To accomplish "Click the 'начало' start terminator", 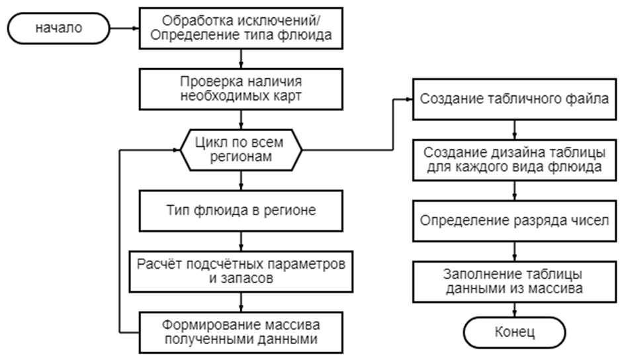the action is (59, 28).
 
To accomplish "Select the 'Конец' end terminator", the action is (515, 333).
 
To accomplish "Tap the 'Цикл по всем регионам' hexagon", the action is (241, 150).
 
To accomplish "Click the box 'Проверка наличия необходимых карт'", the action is (241, 89).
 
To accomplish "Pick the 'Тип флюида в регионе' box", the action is (241, 210).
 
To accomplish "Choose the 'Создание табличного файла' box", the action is (515, 99).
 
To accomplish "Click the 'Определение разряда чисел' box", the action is (515, 221).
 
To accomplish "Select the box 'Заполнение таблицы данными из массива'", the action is (515, 282).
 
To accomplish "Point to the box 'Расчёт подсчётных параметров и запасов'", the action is (241, 271).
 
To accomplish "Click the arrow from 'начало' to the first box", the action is (124, 28).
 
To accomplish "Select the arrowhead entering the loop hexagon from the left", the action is (177, 150).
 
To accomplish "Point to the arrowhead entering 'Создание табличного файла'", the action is (410, 99).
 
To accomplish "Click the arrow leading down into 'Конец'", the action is (515, 310).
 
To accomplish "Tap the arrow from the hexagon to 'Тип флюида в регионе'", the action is (241, 181).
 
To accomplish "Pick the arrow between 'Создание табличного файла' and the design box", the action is (515, 130).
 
